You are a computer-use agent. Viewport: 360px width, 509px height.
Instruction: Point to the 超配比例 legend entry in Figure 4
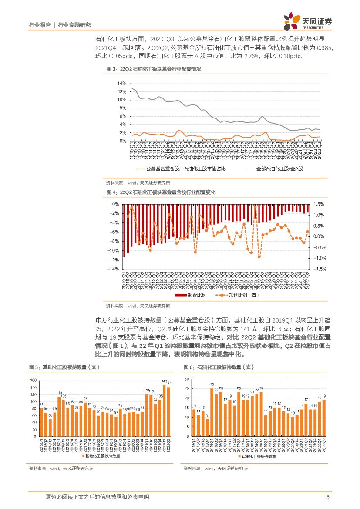191,295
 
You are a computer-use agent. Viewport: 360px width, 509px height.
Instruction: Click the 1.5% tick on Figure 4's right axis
319,204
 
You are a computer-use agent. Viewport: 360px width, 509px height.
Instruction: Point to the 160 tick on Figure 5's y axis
33,381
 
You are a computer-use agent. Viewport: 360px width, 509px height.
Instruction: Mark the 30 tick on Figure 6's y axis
187,379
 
